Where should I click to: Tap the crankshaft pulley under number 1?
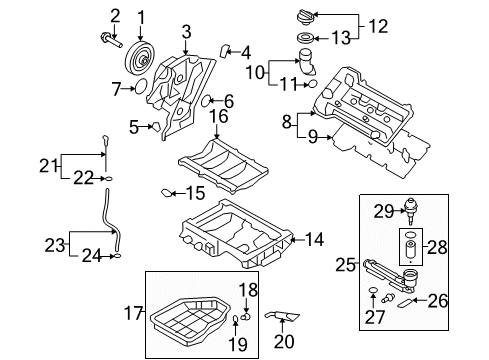139,56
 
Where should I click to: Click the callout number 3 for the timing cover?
186,36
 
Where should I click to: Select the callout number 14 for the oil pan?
314,239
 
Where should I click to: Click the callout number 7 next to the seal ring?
117,88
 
